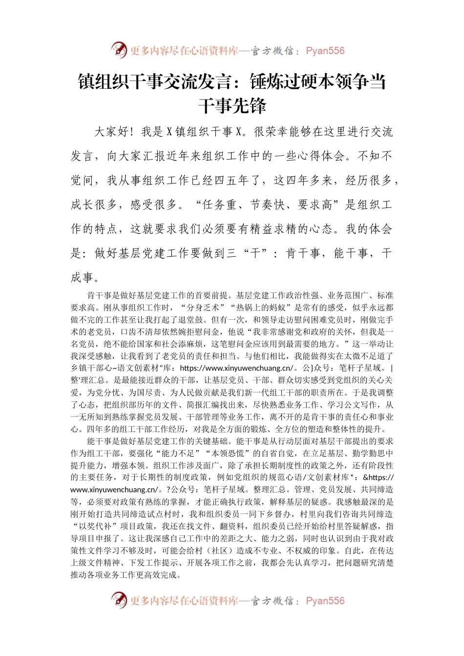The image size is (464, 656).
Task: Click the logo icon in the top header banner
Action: coord(119,50)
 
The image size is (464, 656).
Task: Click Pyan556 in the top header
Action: coord(325,51)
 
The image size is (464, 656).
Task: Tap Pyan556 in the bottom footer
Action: coord(325,601)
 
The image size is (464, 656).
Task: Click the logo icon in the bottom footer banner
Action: coord(119,600)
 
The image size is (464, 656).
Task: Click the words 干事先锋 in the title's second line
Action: coord(232,106)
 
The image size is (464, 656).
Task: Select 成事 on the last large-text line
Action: coord(82,278)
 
